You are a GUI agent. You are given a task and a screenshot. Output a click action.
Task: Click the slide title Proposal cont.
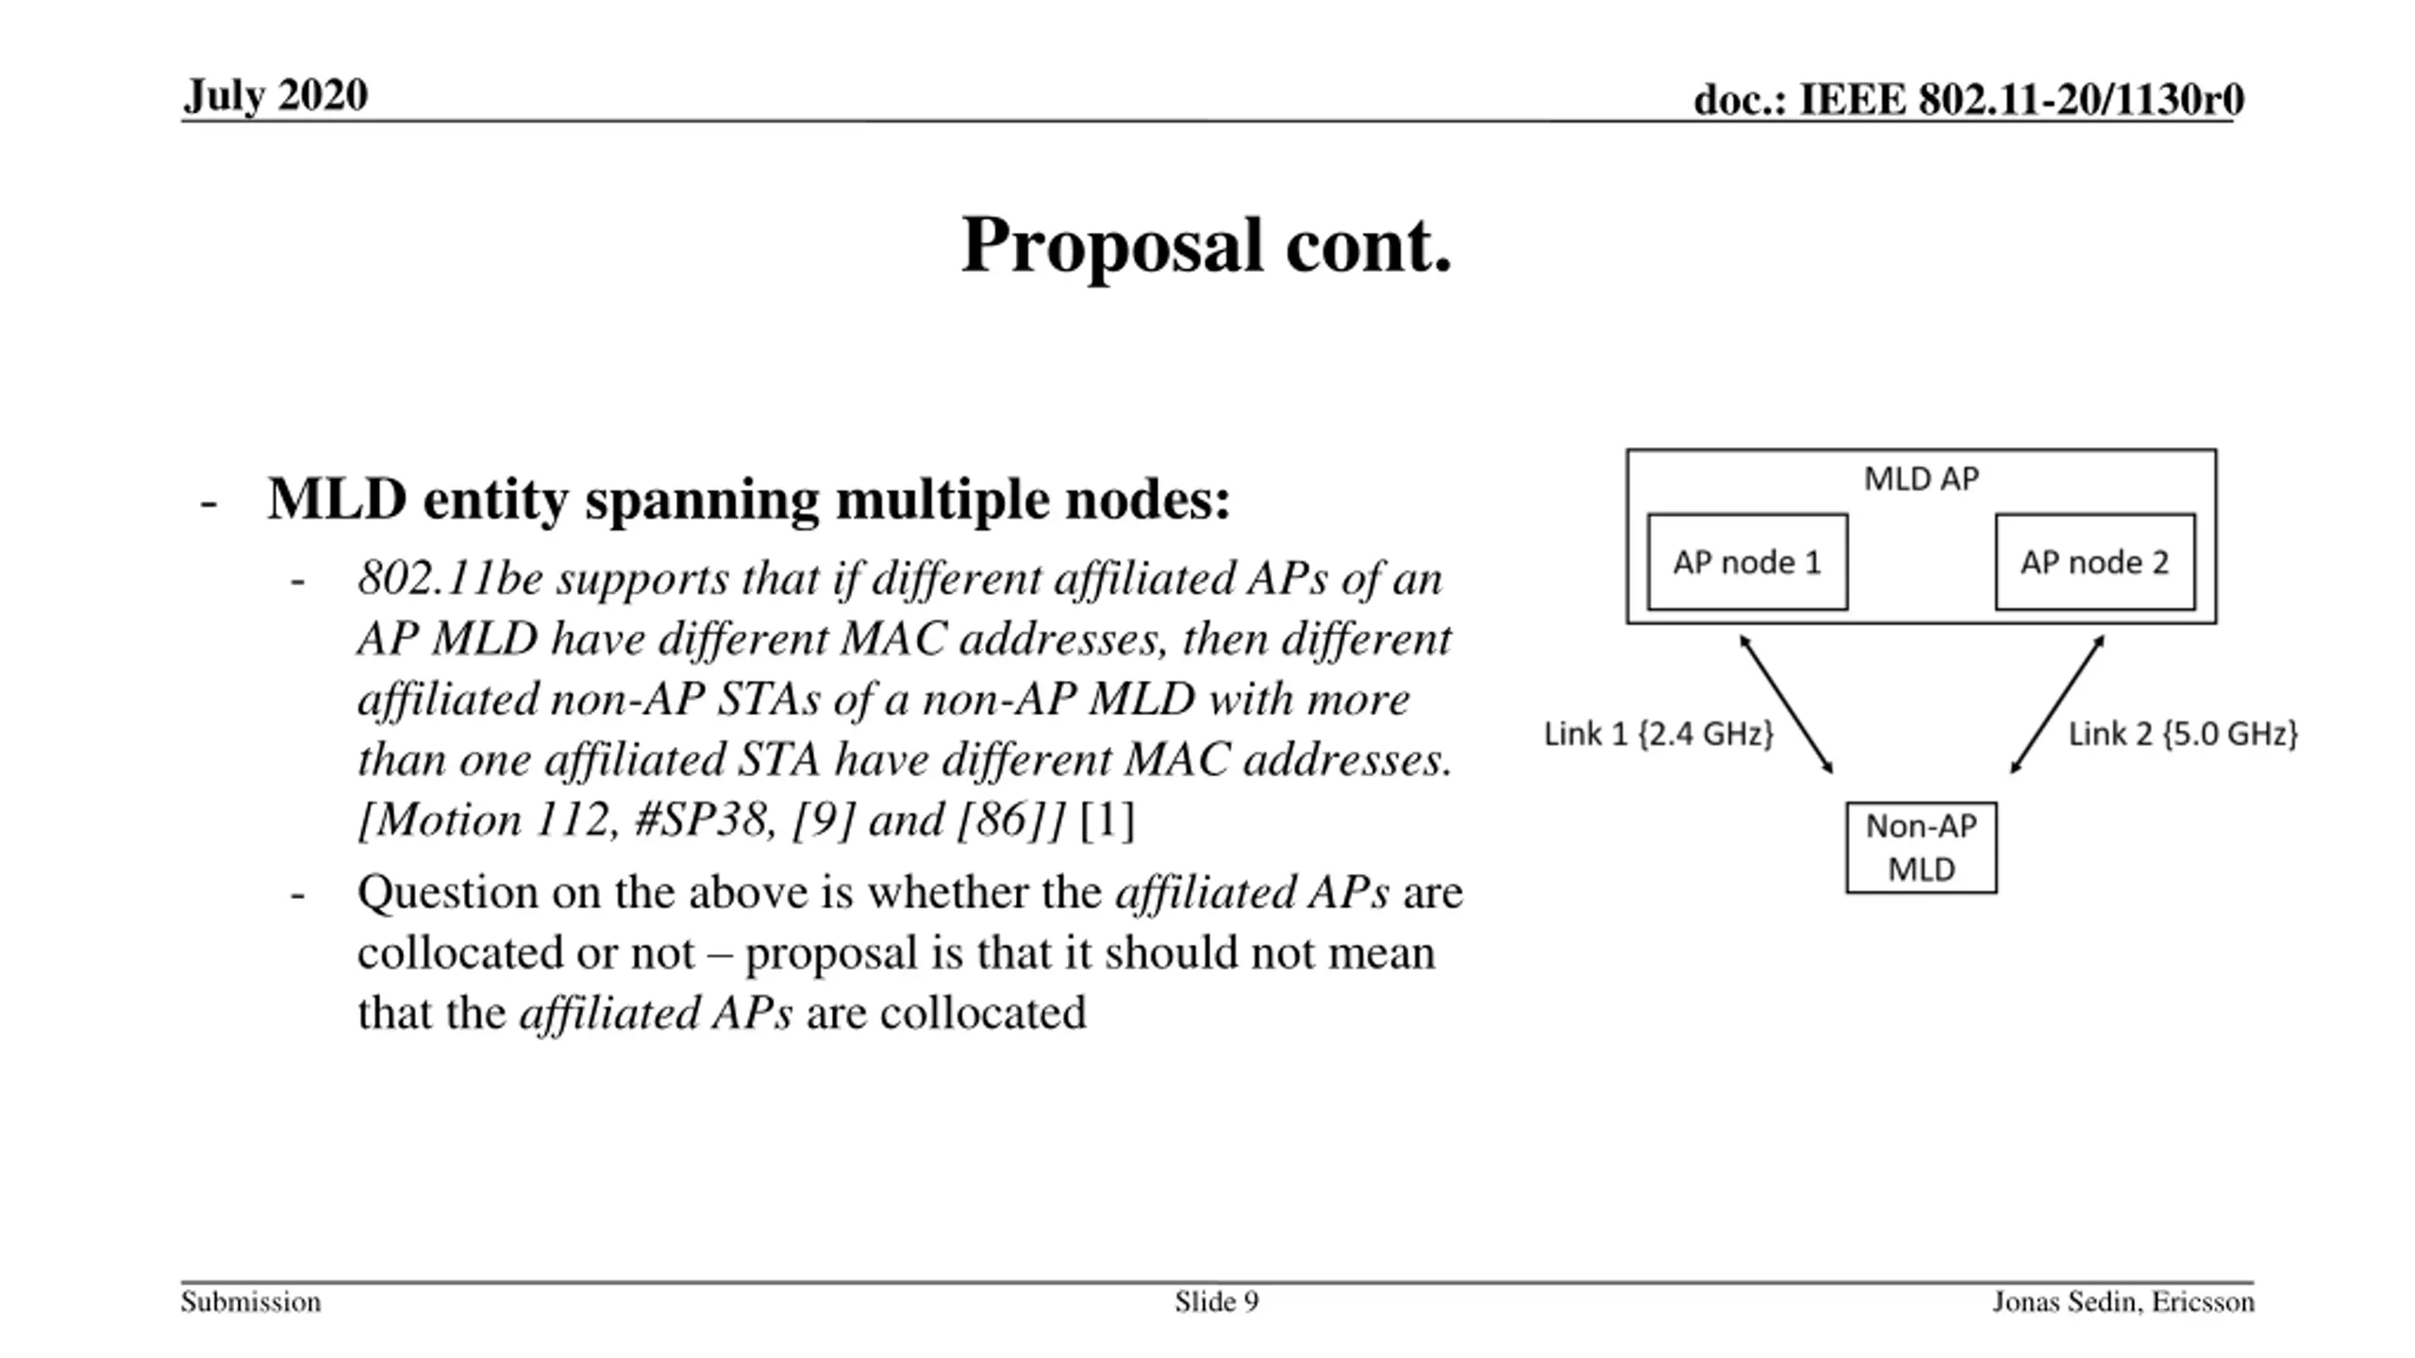point(1206,245)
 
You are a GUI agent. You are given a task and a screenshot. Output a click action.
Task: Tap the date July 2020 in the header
point(275,95)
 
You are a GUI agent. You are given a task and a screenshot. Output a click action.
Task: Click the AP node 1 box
point(1747,562)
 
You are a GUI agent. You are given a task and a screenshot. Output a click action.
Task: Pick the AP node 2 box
point(2094,562)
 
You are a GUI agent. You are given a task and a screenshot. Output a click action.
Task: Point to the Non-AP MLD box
point(1921,847)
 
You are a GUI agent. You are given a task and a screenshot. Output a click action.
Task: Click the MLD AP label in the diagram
point(1921,479)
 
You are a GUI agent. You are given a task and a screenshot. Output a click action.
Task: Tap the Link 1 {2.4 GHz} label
point(1658,734)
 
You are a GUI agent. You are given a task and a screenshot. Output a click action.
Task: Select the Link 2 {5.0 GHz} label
point(2183,734)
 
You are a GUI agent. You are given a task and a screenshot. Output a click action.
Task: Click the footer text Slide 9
point(1216,1302)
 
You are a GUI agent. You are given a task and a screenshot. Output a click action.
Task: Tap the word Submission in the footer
point(251,1302)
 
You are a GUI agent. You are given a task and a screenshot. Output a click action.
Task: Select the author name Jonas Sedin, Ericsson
point(2123,1302)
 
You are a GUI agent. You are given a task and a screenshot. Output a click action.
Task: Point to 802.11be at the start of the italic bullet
point(449,579)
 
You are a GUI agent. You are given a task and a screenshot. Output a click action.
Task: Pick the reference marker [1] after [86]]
point(1106,820)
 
